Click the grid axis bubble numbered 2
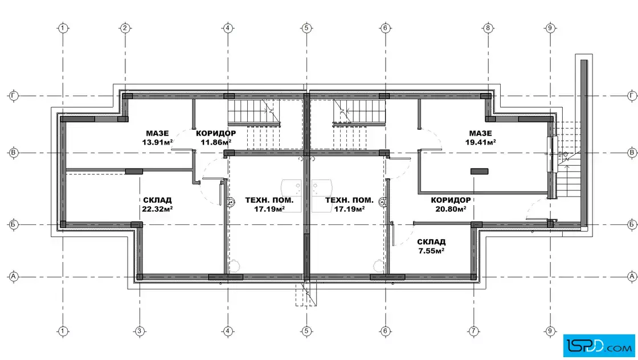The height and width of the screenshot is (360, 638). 125,28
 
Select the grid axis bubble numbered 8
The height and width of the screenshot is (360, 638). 488,28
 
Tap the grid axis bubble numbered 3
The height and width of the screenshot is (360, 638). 139,331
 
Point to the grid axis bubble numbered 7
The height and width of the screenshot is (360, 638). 473,331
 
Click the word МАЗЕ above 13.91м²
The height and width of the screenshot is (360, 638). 157,133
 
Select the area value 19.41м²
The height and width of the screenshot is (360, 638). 481,142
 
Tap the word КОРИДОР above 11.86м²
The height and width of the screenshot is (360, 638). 216,133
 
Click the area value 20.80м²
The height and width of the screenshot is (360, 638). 451,209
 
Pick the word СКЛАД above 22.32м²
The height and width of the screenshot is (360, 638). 157,200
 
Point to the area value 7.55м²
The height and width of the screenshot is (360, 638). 431,251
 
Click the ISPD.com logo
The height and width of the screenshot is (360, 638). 599,346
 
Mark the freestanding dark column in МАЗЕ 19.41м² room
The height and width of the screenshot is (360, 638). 479,171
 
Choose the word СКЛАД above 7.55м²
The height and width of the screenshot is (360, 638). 431,242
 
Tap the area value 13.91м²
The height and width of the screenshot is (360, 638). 157,142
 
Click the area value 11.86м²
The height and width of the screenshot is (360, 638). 216,142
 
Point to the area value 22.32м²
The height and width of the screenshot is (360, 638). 157,209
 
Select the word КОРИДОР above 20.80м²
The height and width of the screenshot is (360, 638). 451,200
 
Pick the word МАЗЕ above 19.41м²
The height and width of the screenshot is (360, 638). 481,133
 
